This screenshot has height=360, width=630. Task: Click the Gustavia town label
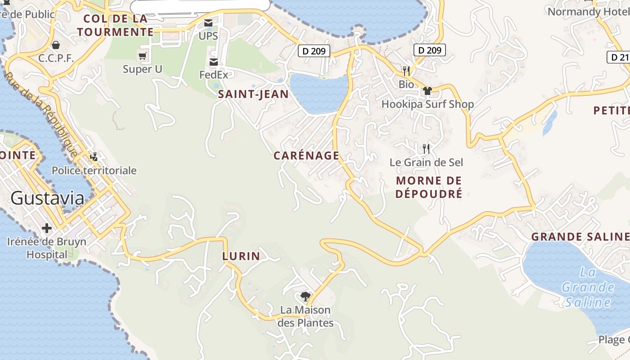point(47,198)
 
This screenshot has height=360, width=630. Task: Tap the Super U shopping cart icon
point(143,56)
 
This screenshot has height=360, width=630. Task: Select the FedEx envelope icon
point(214,62)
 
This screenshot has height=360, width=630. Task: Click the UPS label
point(208,36)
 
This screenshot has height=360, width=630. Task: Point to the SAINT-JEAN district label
point(253,94)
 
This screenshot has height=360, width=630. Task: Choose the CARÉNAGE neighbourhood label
point(306,156)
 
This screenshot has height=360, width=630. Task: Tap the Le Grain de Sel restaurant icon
point(426,148)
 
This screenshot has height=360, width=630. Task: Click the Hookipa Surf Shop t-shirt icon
point(427,90)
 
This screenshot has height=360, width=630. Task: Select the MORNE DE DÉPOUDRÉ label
point(429,187)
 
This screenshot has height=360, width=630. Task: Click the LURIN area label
point(241,256)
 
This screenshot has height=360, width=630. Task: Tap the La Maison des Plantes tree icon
point(306,296)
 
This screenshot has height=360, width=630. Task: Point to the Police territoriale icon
point(94,157)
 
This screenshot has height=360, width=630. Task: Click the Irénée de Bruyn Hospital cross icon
point(46,228)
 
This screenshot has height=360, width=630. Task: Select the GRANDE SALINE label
point(580,237)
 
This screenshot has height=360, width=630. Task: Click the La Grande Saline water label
point(588,287)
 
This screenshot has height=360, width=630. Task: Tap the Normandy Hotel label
point(588,12)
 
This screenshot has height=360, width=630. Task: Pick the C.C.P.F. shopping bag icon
point(56,45)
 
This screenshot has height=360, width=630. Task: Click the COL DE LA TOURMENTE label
point(116,25)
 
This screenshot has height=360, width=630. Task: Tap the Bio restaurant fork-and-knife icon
point(406,71)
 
